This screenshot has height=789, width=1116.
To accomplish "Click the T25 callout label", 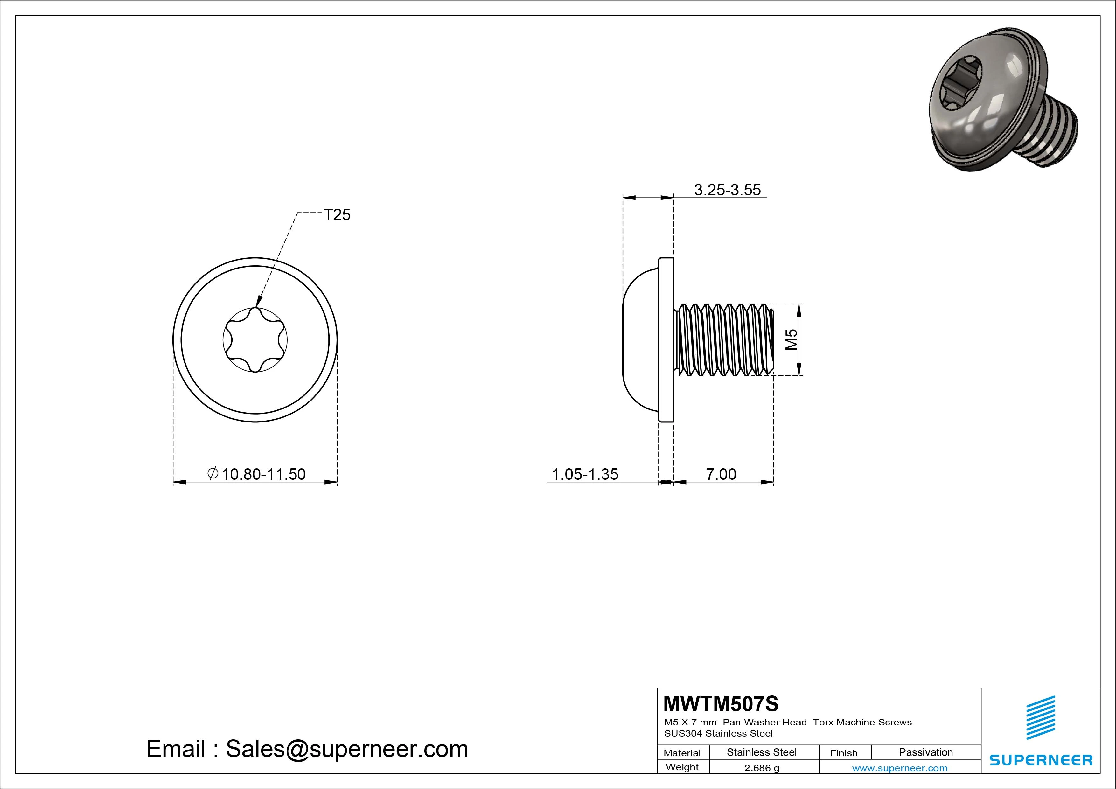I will tap(337, 215).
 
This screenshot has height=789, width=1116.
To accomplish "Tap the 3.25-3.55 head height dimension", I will tap(727, 190).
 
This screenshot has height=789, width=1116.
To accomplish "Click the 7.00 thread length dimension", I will tap(721, 474).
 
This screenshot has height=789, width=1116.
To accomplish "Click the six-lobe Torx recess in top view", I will tap(255, 340).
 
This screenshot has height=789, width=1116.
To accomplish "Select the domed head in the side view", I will tap(639, 340).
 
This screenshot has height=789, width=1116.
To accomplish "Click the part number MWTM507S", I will tap(720, 703).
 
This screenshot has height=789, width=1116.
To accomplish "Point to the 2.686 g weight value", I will tap(761, 768).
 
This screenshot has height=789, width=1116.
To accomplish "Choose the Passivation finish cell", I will tap(925, 752).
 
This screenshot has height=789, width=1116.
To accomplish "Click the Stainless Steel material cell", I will tap(761, 752).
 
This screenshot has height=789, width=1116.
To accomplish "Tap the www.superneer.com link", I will tap(899, 768).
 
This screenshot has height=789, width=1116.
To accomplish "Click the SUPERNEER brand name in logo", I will tap(1041, 760).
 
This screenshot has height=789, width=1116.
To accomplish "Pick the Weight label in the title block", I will tap(682, 767).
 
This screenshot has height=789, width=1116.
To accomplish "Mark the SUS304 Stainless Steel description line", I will tap(718, 733).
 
